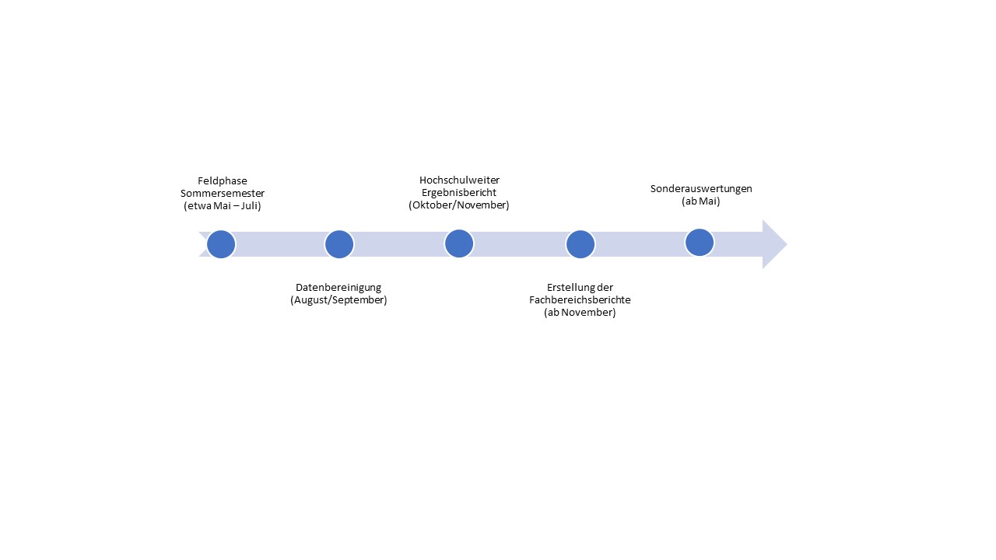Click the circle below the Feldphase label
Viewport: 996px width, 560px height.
[221, 244]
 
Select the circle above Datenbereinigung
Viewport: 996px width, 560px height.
[339, 244]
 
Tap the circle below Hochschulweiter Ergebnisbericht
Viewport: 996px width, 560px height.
[459, 243]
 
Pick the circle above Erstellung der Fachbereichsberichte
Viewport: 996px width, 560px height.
[580, 244]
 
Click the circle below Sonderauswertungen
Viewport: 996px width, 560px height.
[700, 243]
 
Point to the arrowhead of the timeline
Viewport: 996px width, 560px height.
[787, 244]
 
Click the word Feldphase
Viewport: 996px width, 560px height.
[223, 181]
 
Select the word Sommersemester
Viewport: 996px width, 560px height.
[223, 194]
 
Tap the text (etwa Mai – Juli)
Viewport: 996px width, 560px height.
[223, 206]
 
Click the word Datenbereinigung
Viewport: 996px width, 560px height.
[338, 288]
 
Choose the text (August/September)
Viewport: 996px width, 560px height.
[338, 300]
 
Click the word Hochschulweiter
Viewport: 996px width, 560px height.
[459, 180]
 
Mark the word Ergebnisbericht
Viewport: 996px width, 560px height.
[459, 192]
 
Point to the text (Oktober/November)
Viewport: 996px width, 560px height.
[459, 205]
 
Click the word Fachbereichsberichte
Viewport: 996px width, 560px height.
[580, 300]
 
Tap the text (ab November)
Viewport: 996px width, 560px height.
[580, 313]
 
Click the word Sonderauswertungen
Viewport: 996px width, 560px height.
[701, 189]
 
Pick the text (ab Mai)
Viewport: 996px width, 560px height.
[701, 201]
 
